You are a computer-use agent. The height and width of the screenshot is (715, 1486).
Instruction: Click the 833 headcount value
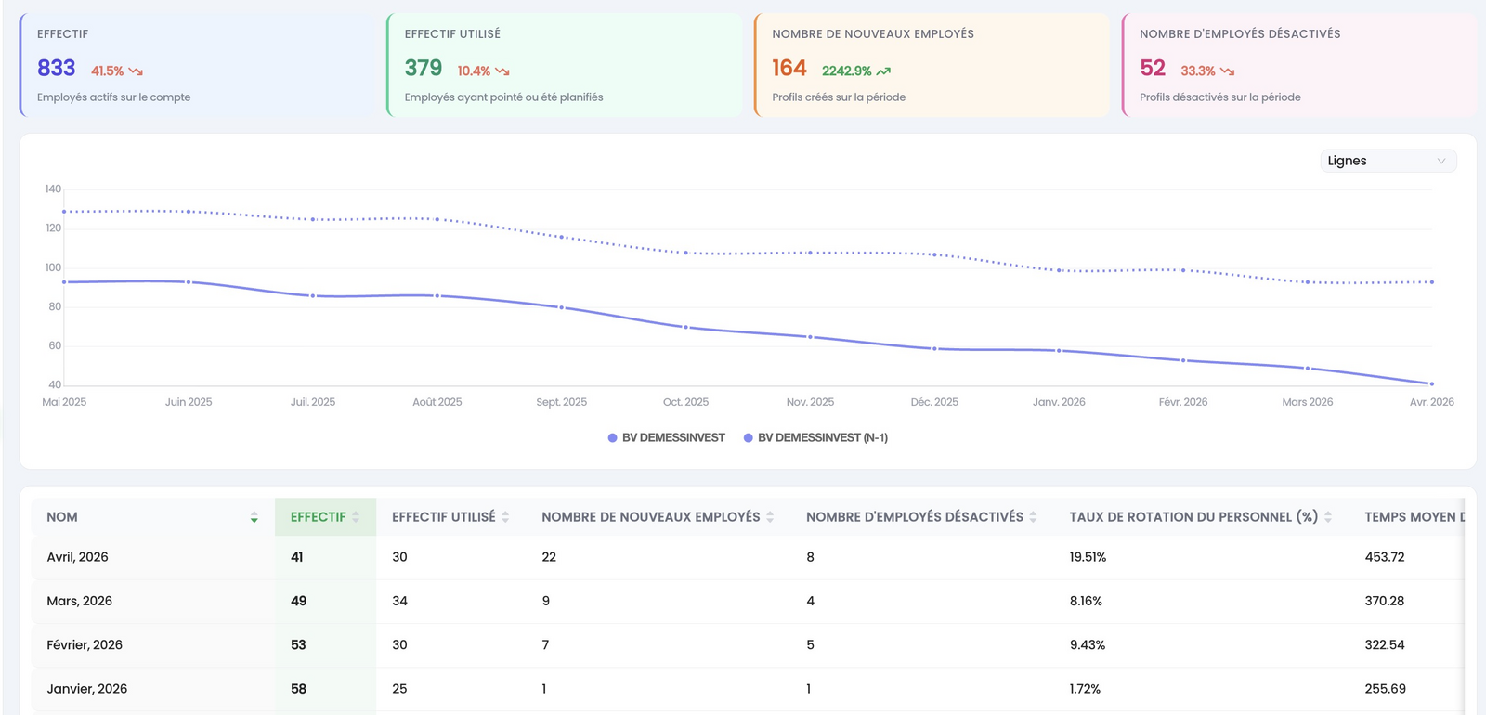(x=57, y=69)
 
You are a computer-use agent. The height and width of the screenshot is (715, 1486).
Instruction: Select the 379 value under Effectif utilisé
(x=424, y=69)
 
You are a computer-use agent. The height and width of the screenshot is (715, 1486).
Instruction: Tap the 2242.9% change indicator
(x=846, y=71)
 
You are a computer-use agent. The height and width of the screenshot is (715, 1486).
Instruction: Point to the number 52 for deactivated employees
(x=1153, y=69)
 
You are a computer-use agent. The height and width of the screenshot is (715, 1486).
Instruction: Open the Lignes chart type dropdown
(x=1388, y=161)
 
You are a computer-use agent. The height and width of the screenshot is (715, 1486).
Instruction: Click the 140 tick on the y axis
(x=53, y=189)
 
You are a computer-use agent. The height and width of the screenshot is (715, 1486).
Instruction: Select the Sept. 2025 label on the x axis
(x=561, y=402)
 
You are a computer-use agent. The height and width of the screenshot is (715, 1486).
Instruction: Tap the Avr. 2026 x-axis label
(x=1431, y=402)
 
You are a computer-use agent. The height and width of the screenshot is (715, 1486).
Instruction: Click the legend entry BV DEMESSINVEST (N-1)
(x=816, y=437)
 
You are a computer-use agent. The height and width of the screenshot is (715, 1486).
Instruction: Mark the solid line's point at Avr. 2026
(x=1431, y=383)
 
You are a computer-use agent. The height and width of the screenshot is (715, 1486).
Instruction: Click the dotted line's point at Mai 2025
(x=64, y=212)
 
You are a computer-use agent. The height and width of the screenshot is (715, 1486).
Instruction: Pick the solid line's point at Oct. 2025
(x=686, y=327)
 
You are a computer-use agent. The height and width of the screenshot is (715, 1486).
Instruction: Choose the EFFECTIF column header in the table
(x=319, y=517)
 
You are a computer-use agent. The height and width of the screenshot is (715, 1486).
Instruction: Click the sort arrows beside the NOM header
(x=254, y=517)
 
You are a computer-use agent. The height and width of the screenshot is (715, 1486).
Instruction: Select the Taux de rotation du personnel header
(x=1193, y=517)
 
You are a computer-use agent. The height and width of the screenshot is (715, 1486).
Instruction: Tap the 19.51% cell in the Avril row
(x=1088, y=557)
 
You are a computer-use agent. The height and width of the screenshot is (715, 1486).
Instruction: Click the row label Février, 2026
(x=85, y=644)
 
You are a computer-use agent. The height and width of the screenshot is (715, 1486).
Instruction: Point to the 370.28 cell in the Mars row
(x=1385, y=601)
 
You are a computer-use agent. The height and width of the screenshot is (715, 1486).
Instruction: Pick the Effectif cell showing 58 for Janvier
(x=298, y=688)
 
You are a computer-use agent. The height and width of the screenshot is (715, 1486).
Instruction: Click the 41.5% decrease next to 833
(x=108, y=71)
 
